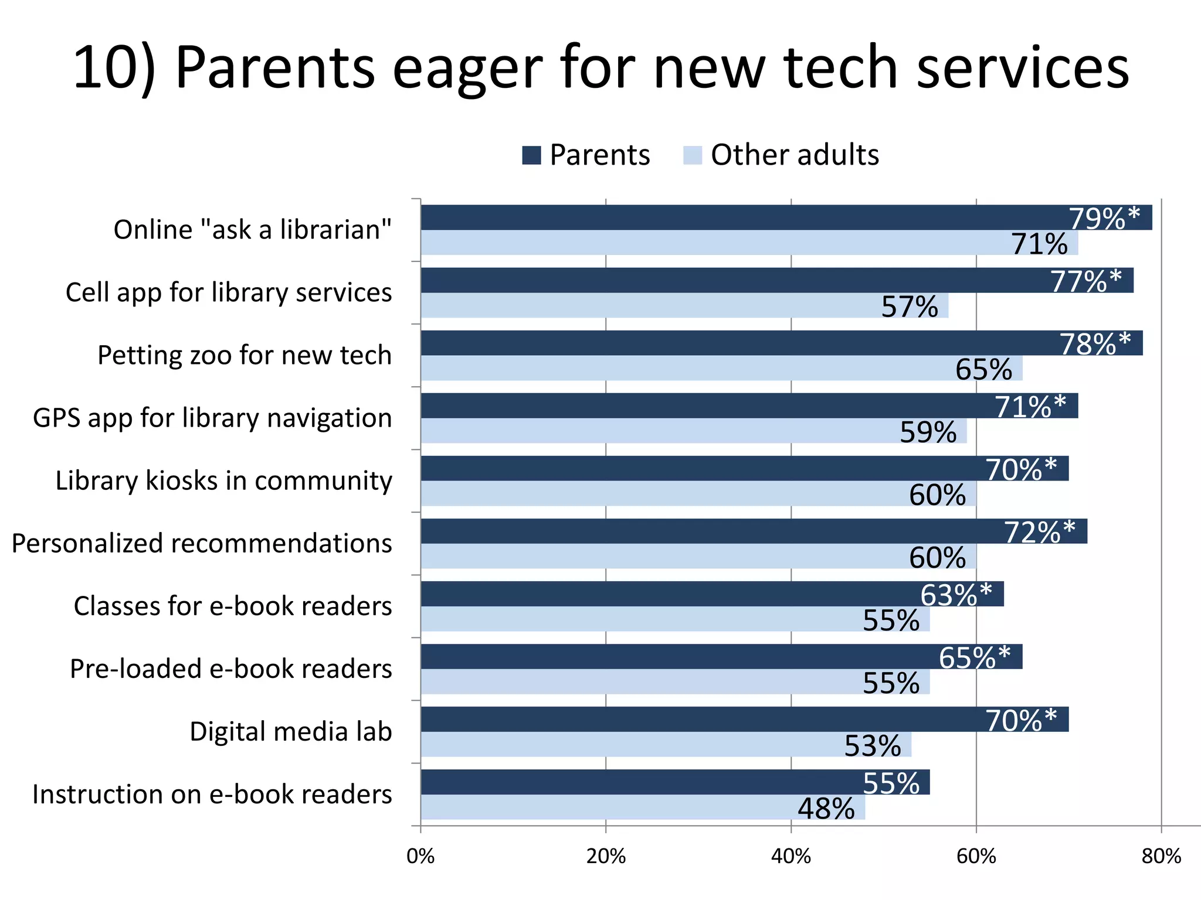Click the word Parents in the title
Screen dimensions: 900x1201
[274, 68]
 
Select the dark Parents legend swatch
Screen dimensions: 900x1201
[531, 155]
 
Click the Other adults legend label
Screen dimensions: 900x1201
[795, 155]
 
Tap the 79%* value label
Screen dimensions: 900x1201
[1104, 219]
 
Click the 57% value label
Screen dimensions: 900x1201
[910, 306]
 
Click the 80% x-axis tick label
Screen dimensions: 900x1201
[1161, 857]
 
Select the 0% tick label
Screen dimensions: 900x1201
[420, 857]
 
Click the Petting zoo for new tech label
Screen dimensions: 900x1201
[245, 355]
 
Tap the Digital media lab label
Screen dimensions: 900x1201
[290, 732]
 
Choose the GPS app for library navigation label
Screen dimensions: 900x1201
[212, 418]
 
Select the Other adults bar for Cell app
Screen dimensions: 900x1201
[645, 305]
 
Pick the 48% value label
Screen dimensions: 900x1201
[826, 809]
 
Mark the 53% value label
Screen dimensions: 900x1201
[873, 746]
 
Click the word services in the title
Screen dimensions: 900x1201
[1023, 68]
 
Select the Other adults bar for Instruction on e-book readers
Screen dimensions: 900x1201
[616, 807]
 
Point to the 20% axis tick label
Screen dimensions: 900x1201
[606, 857]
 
